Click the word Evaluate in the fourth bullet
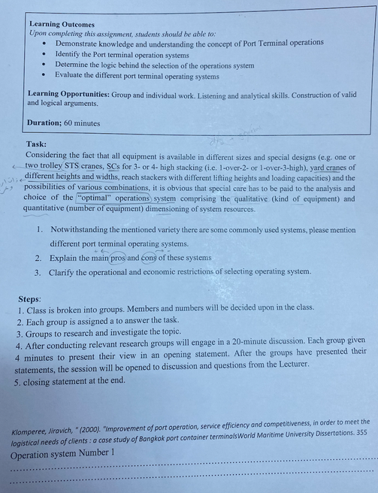point(72,76)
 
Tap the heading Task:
point(36,144)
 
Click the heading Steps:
point(29,298)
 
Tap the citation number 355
point(361,434)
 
